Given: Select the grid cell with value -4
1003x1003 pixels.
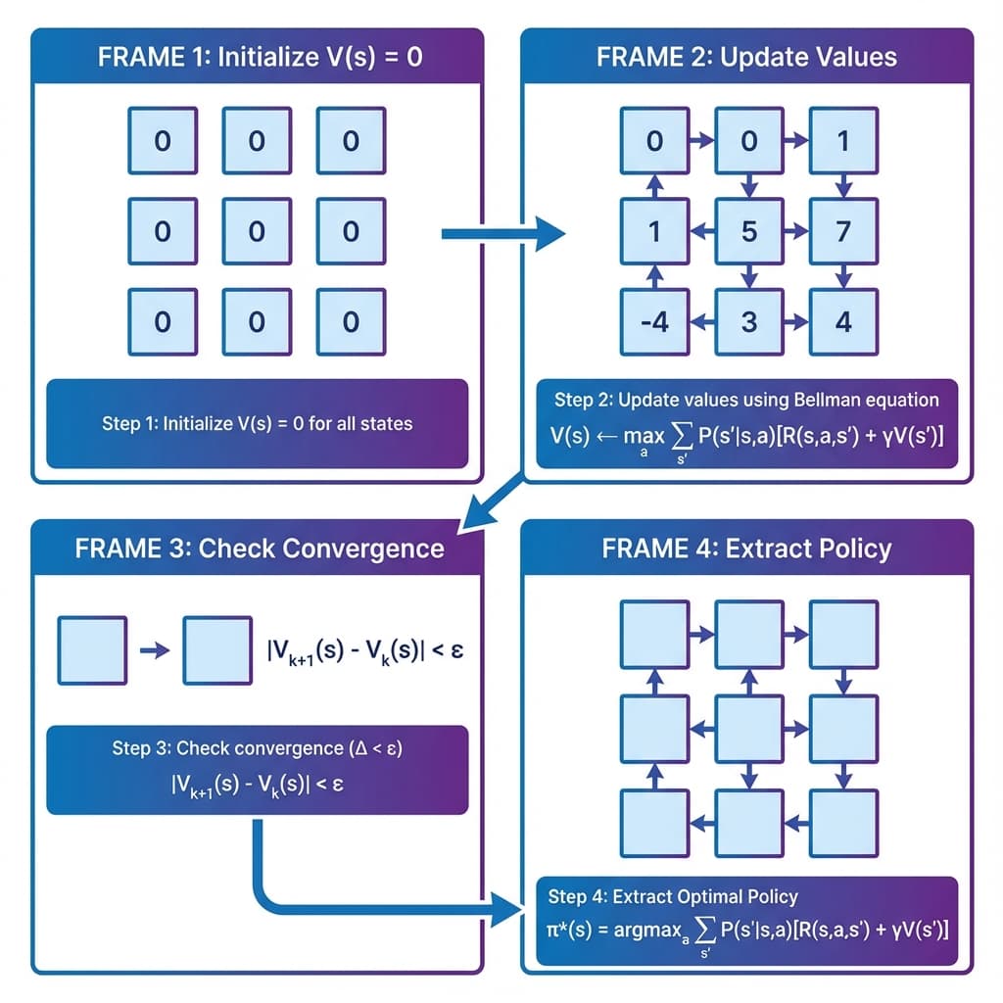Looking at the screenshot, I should click(655, 322).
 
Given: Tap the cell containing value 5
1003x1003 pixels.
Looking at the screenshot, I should click(749, 232).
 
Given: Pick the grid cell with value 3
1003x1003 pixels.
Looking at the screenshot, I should click(749, 322).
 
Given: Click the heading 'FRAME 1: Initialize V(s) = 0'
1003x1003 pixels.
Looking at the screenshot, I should click(260, 56).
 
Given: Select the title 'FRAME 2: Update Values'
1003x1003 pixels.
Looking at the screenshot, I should click(746, 56).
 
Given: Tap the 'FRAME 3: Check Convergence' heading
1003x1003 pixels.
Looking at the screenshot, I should click(260, 548).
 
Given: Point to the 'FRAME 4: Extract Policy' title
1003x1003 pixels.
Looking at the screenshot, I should click(746, 548).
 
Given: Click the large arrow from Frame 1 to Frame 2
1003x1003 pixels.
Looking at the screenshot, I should click(502, 234).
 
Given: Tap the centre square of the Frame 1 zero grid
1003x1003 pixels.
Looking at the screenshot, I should click(257, 232).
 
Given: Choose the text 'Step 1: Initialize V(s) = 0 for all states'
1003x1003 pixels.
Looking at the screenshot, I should click(257, 424).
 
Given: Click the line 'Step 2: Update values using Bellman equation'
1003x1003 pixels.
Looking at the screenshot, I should click(746, 400).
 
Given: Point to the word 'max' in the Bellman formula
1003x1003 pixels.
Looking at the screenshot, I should click(643, 437).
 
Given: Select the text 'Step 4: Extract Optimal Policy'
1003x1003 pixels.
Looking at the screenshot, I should click(673, 895).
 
